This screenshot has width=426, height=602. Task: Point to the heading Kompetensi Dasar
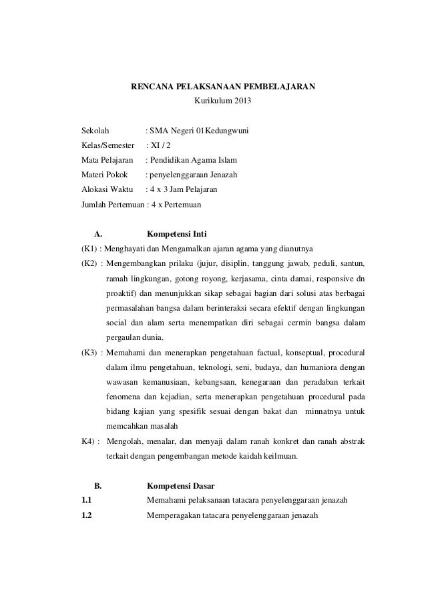(180, 486)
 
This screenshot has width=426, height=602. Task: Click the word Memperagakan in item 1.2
(174, 515)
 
